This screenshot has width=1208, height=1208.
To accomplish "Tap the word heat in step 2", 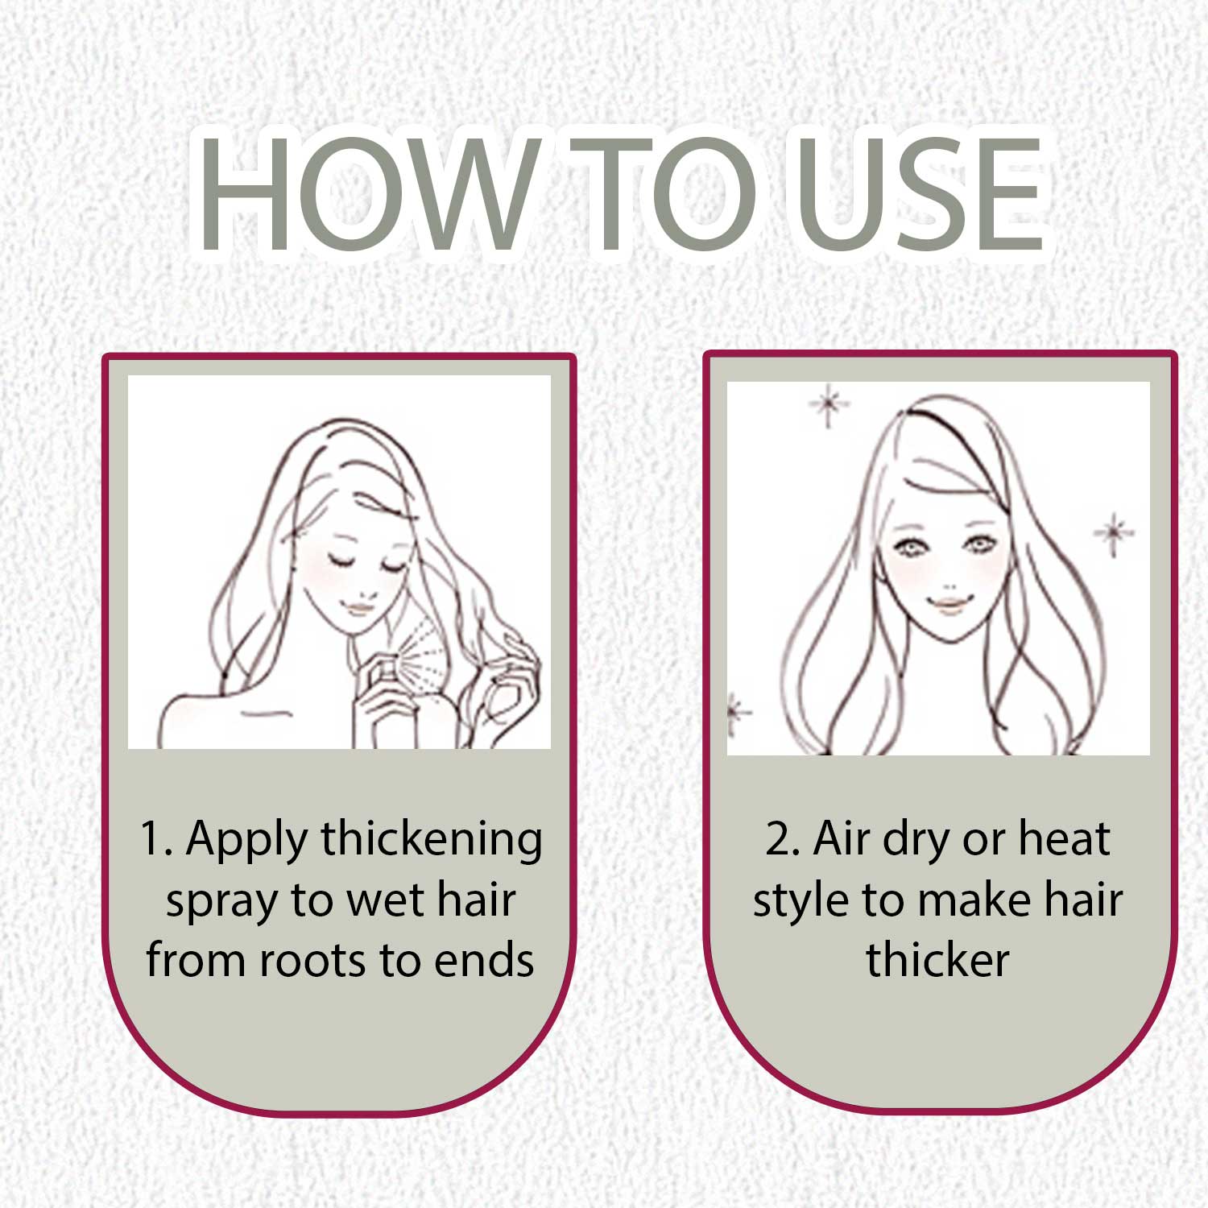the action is click(1065, 838).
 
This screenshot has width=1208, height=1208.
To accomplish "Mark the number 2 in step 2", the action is click(779, 839).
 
